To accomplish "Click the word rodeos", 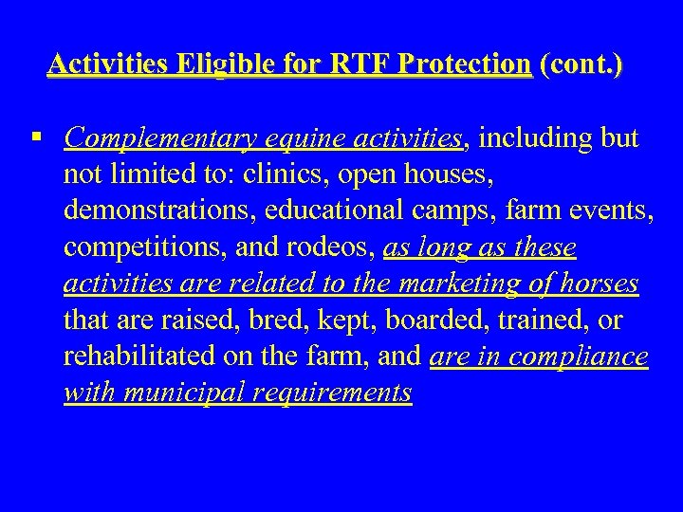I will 335,249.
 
